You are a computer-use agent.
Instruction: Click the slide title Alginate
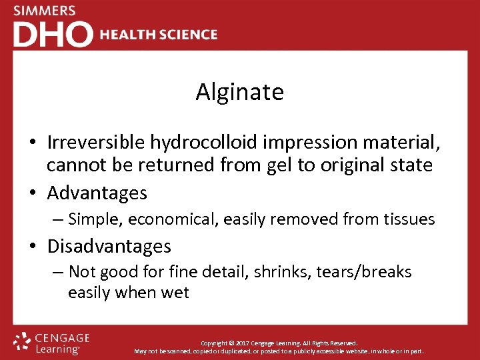239,92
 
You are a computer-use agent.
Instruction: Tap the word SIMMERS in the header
45,11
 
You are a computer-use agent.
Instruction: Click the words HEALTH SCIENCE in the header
159,35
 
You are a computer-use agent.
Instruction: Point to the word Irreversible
95,142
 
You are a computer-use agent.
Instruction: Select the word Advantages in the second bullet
97,193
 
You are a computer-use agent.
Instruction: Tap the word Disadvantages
109,246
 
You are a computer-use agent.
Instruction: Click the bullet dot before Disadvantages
32,247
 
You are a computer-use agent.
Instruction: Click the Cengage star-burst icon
22,342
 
